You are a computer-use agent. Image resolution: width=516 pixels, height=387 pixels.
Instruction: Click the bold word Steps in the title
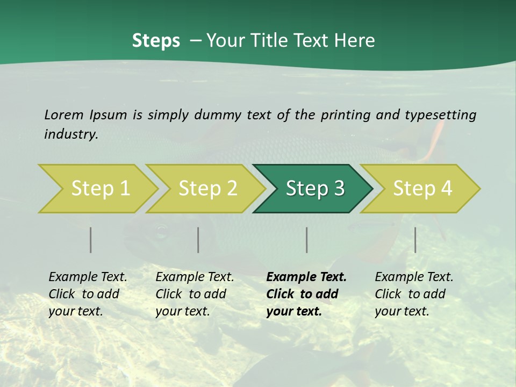tap(156, 41)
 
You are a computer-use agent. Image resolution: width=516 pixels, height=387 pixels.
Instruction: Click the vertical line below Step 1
tap(91, 240)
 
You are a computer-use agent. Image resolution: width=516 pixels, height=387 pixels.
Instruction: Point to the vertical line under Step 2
tap(198, 240)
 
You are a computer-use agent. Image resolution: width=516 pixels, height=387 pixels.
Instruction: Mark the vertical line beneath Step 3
tap(307, 240)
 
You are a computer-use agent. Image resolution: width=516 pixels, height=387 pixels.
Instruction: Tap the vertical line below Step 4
tap(415, 240)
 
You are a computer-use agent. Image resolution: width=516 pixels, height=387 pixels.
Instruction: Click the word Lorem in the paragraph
tap(64, 114)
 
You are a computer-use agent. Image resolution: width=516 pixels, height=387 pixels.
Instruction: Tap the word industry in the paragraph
tap(71, 134)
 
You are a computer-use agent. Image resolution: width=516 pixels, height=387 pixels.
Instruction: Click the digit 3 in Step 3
tap(338, 188)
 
